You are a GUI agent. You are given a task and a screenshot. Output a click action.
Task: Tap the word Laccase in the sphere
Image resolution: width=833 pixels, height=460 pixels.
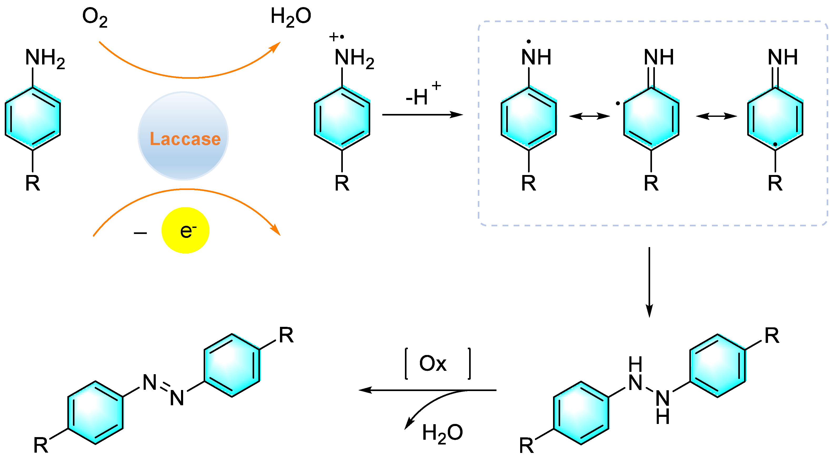(x=185, y=139)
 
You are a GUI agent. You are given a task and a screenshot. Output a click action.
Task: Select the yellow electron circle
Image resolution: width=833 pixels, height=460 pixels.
(x=185, y=230)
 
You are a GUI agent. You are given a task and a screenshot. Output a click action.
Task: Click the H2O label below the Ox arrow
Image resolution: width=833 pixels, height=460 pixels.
(x=442, y=433)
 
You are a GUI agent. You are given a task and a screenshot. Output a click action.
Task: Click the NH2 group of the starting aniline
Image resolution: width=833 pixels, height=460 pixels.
(x=45, y=58)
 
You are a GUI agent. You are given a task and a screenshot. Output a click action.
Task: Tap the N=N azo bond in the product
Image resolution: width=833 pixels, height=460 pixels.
(x=164, y=389)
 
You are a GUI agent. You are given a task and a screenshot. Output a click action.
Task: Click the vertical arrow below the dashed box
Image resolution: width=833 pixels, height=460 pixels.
(x=649, y=281)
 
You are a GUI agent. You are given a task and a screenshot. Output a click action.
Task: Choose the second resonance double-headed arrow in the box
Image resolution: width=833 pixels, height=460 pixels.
(x=716, y=116)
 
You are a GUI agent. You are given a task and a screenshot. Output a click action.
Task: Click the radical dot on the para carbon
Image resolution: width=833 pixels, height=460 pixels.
(x=775, y=144)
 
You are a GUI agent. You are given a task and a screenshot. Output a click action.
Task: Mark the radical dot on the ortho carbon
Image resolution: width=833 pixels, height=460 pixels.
(x=618, y=103)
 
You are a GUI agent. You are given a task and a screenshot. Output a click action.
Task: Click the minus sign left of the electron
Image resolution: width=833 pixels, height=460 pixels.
(x=140, y=233)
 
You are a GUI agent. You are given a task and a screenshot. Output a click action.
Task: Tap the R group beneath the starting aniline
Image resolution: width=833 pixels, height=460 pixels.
(x=32, y=183)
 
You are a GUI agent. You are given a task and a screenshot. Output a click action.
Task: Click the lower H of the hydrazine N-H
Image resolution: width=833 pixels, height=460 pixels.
(x=663, y=417)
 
